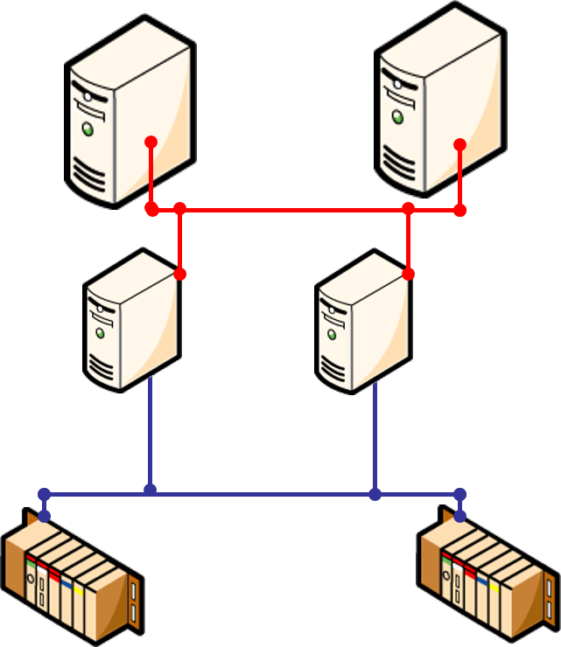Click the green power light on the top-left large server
[88, 129]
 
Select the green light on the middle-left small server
[101, 333]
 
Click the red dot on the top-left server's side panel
[151, 142]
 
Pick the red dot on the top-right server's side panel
[460, 144]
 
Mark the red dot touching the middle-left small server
[180, 275]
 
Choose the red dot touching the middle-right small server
[408, 275]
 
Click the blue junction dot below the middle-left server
[150, 490]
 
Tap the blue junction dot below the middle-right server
[375, 495]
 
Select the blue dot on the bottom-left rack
[44, 516]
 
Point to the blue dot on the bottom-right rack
[460, 516]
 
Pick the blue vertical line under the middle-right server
[375, 437]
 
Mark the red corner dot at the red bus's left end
[151, 210]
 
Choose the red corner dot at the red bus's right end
[460, 210]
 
